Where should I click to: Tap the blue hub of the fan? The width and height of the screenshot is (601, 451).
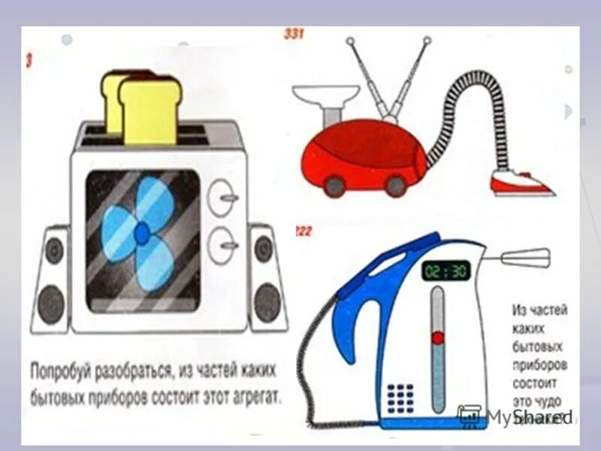pos(141,234)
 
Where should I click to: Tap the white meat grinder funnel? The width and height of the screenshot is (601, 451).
pos(325,98)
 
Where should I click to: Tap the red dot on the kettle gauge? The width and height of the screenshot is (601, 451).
pos(436,338)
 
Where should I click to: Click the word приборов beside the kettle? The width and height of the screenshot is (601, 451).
pos(539,364)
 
